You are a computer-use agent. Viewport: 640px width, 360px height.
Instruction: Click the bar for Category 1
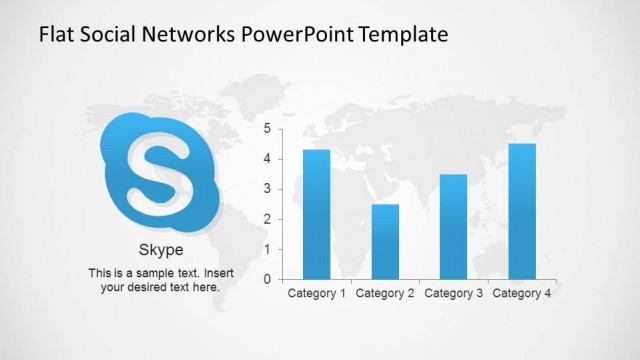point(317,214)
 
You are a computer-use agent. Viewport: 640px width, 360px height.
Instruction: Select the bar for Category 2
point(385,241)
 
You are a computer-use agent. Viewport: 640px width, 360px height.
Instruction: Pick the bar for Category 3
point(453,226)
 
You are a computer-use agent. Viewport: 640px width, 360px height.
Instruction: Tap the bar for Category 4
point(522,211)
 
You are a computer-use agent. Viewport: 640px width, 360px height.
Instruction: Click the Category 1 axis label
point(317,293)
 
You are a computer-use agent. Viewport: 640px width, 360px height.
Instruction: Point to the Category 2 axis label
point(385,293)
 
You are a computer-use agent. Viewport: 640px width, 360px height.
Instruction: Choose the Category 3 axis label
point(453,293)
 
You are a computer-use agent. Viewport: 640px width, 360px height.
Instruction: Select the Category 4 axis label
point(522,293)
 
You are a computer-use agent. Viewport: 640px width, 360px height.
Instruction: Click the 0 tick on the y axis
point(267,280)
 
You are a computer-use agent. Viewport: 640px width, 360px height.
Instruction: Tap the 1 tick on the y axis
point(267,250)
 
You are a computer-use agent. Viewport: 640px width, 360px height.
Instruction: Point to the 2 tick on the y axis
point(267,220)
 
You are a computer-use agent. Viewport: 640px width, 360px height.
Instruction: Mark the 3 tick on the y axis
point(267,189)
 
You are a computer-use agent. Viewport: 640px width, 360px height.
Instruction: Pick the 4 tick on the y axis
point(267,159)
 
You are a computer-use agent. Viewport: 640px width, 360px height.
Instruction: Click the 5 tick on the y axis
point(267,129)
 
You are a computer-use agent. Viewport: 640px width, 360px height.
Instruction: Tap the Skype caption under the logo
point(160,250)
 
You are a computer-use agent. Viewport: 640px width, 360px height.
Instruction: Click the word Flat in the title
point(56,35)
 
